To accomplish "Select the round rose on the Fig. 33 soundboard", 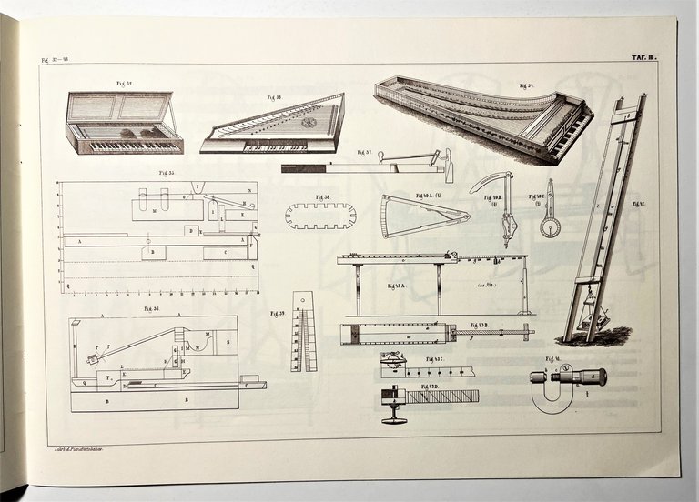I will (309, 122).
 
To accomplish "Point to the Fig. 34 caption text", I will (526, 86).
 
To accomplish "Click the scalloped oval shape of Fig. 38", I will (320, 216).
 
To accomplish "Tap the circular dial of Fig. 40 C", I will (550, 226).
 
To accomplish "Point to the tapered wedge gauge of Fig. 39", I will (303, 332).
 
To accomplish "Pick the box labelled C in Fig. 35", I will (225, 252).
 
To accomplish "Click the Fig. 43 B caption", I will (480, 325).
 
